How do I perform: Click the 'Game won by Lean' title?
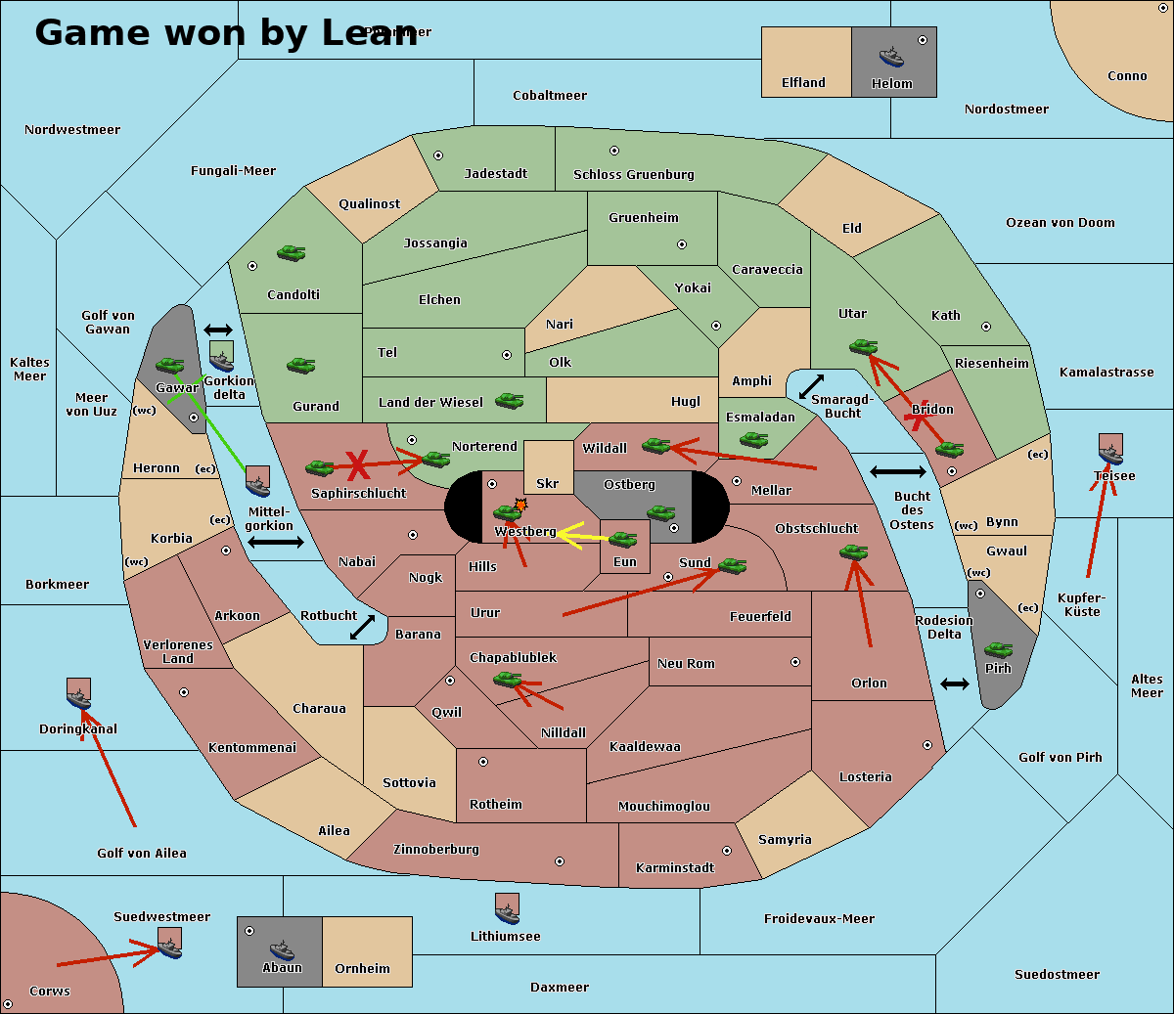coord(226,33)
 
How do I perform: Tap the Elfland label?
coord(803,83)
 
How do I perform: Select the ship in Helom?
coord(891,57)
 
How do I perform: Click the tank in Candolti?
coord(291,253)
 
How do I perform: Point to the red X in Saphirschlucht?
coord(359,464)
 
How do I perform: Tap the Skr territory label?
coord(548,483)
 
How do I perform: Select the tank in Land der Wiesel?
coord(509,400)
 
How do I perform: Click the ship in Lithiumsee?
coord(507,909)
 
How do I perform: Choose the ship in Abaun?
coord(282,949)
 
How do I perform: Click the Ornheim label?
coord(362,968)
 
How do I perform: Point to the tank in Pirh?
coord(998,650)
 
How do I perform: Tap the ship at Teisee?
coord(1110,451)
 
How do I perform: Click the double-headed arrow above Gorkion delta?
coord(218,331)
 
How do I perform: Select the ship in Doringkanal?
coord(78,694)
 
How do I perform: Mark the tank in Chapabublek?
coord(508,679)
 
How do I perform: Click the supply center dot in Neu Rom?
coord(795,662)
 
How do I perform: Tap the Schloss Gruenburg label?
coord(633,175)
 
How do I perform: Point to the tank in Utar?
coord(863,346)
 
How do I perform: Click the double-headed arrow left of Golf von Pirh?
coord(955,683)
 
